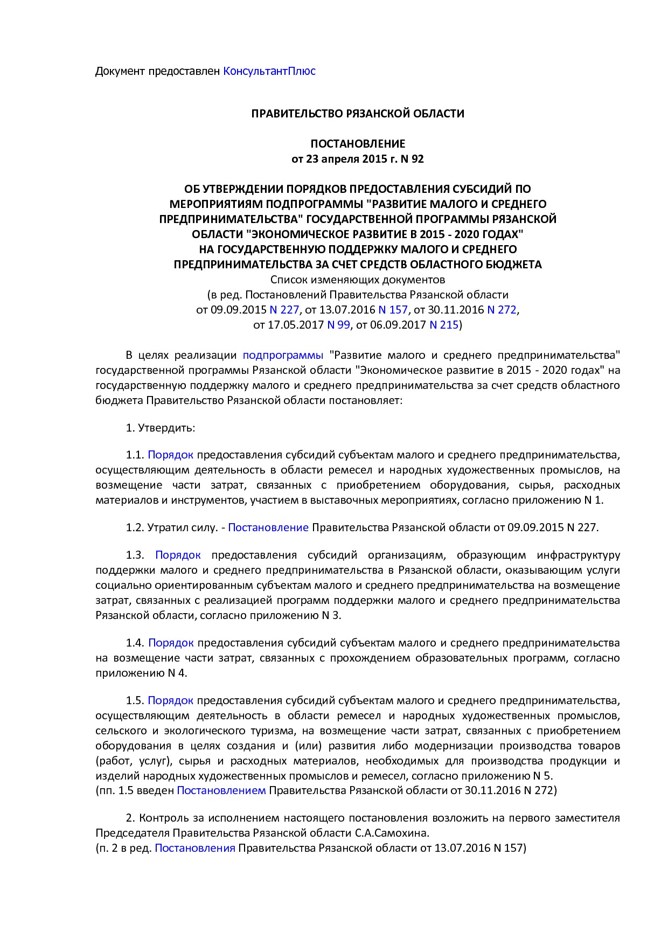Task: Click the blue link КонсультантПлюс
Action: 269,71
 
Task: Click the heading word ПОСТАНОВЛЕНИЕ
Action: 358,144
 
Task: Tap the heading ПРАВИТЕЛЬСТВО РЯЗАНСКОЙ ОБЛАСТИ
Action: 358,114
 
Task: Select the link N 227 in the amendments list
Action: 284,310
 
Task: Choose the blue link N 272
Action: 502,310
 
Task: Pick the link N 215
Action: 443,325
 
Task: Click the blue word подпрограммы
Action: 283,355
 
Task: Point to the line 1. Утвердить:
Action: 160,428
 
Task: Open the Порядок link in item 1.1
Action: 170,455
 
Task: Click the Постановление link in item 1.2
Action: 268,527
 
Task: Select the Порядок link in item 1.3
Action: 178,555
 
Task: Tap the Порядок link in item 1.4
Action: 171,643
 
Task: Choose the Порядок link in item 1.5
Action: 170,700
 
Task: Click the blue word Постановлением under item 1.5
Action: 221,790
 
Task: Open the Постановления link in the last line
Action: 195,848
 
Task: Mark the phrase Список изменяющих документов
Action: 358,280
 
